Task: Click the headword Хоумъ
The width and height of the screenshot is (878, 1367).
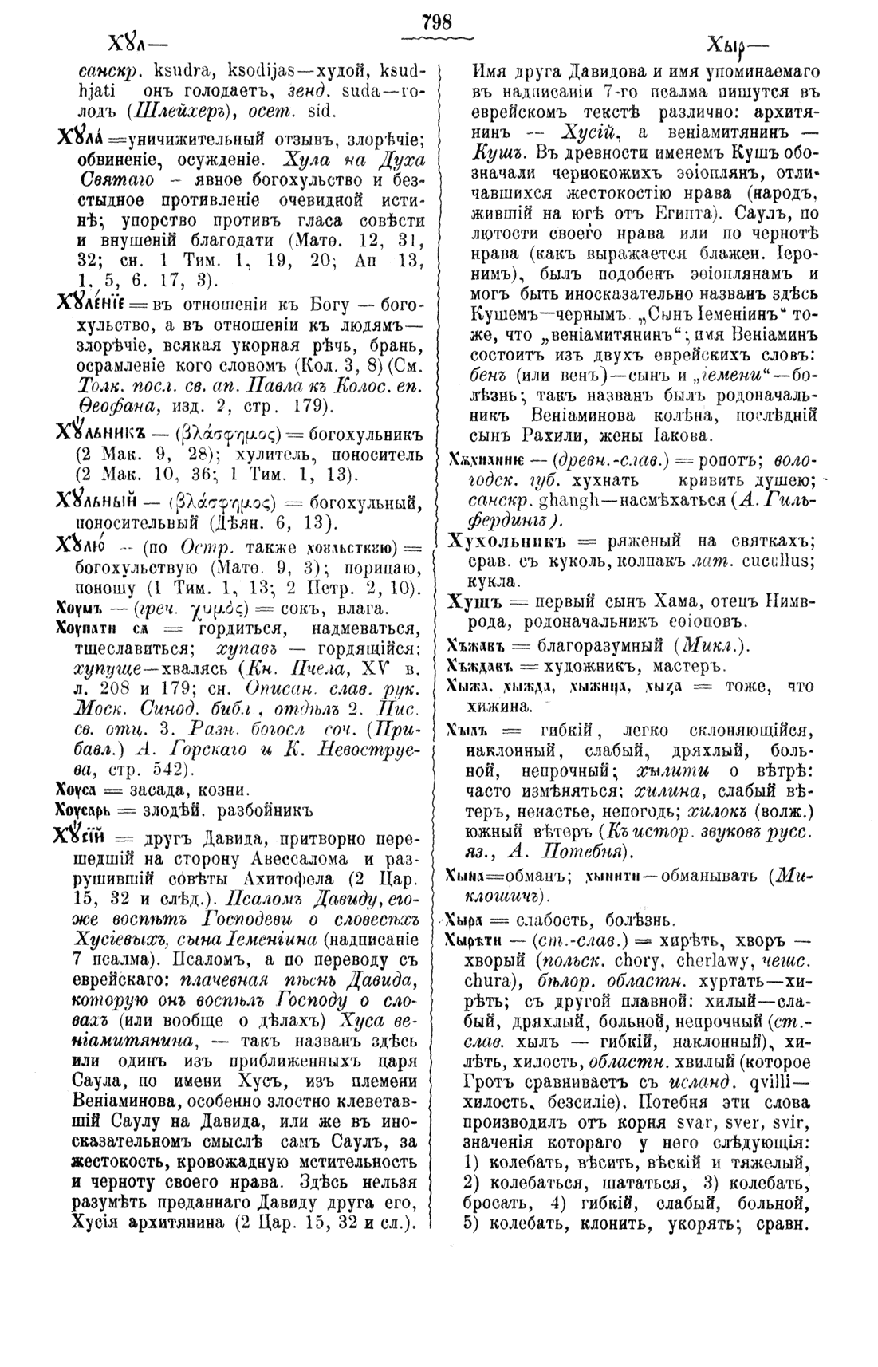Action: (x=77, y=609)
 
